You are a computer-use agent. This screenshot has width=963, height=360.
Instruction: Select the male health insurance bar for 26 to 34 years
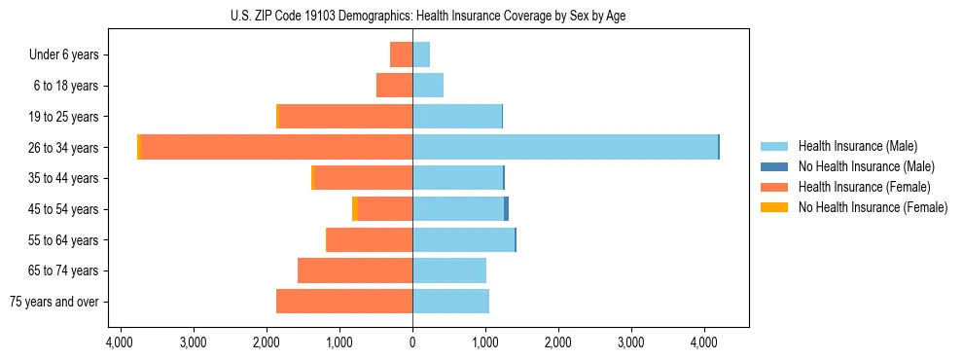click(564, 147)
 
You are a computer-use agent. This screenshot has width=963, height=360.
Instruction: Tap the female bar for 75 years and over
click(344, 302)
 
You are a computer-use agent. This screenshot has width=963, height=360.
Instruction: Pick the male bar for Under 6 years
click(421, 54)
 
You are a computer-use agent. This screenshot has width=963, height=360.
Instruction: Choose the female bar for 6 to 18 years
click(394, 86)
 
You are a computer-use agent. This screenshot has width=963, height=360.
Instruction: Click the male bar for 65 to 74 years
click(449, 270)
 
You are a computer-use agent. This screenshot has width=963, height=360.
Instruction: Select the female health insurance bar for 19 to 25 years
click(345, 116)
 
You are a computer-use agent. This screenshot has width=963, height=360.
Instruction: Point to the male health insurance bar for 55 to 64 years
click(463, 239)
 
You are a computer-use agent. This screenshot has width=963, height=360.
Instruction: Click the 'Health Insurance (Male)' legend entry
click(857, 146)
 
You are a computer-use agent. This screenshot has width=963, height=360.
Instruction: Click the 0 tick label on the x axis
click(412, 343)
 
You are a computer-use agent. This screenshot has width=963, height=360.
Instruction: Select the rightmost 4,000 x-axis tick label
click(704, 343)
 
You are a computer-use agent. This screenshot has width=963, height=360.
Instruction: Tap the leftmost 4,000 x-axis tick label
click(120, 343)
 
